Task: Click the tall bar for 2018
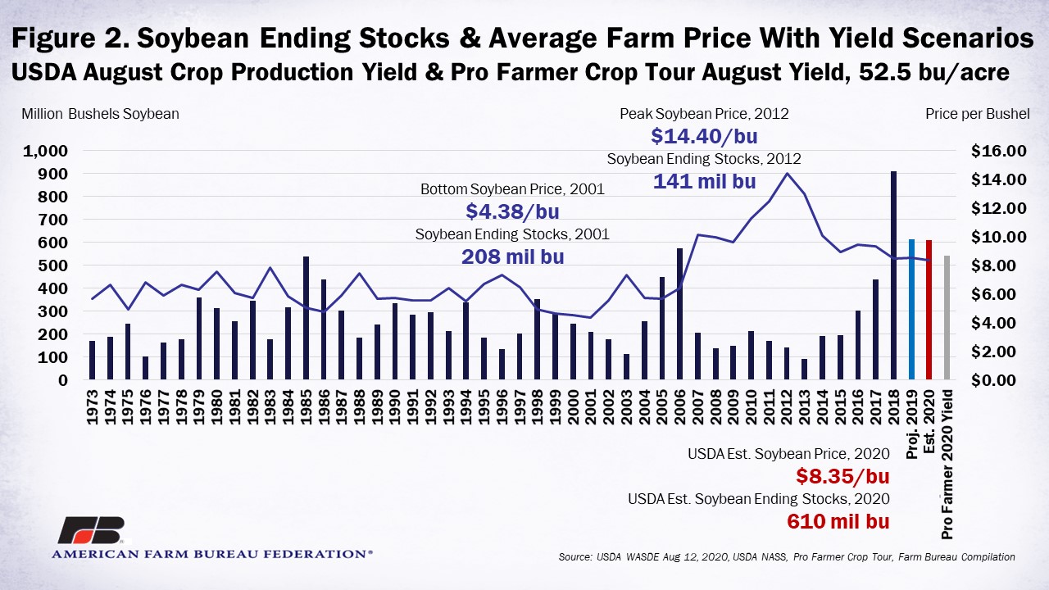[x=893, y=275]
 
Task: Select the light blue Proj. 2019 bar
[x=911, y=309]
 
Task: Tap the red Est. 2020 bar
[x=929, y=310]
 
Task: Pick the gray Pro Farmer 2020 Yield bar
[x=947, y=317]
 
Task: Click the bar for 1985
[x=307, y=318]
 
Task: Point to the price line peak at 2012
[x=788, y=173]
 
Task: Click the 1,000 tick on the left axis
[x=45, y=152]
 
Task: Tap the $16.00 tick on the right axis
[x=998, y=151]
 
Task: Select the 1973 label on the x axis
[x=93, y=407]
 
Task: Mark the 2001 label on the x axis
[x=591, y=407]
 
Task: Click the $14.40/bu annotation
[x=704, y=136]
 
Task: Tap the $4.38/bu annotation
[x=512, y=211]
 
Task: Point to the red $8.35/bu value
[x=842, y=476]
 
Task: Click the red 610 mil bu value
[x=838, y=521]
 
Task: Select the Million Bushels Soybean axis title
[x=100, y=114]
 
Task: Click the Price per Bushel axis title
[x=978, y=114]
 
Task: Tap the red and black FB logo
[x=93, y=529]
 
